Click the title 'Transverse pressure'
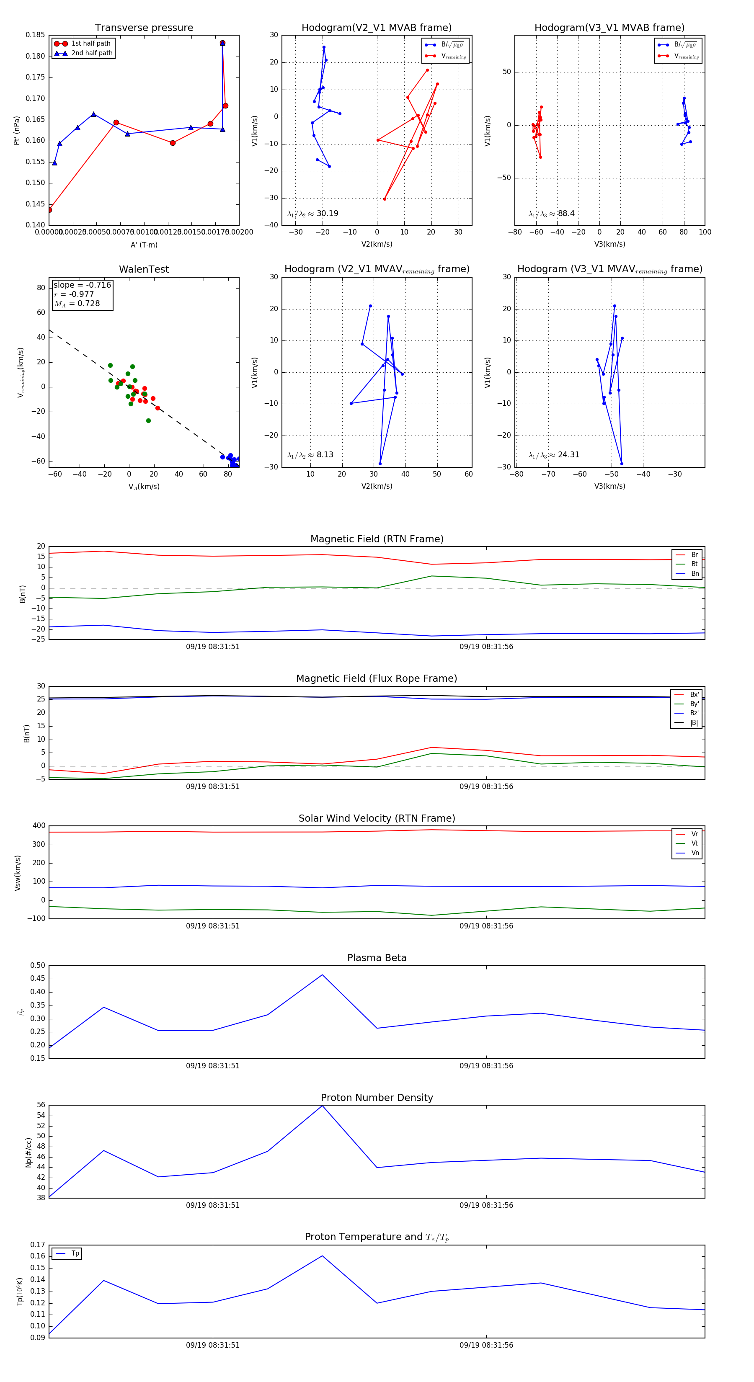144,28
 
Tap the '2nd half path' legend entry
92,53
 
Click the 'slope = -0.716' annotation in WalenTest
82,285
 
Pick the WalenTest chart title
144,269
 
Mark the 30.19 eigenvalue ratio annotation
327,214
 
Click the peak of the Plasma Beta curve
322,975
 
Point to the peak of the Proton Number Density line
322,1106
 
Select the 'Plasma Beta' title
377,958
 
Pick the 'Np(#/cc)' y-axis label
28,1153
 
